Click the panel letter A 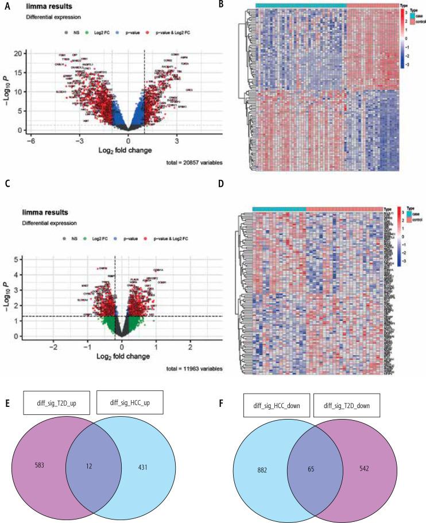click(x=7, y=6)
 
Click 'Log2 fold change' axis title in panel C click(x=122, y=356)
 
